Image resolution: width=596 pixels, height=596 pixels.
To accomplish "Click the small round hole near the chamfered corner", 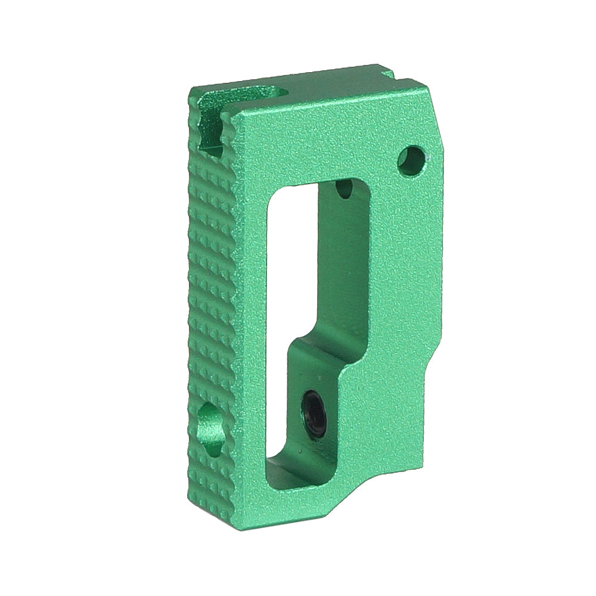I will [410, 160].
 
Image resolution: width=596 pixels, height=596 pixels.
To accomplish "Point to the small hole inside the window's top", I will [344, 190].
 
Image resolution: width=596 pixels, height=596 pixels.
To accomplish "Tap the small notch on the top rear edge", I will [387, 74].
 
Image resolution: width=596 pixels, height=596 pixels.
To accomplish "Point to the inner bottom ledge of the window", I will [292, 471].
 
